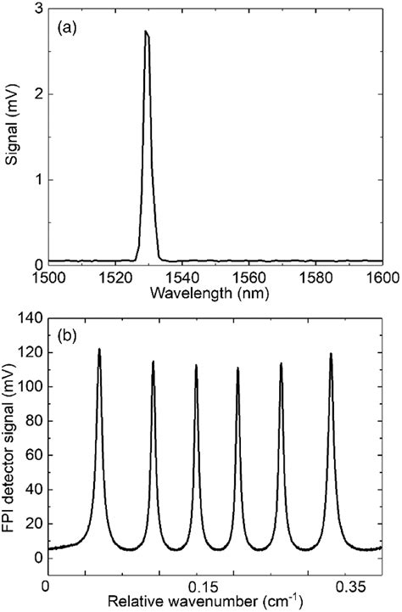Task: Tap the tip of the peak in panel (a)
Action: point(146,32)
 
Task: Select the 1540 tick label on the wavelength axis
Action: point(182,278)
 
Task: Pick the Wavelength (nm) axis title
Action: point(215,292)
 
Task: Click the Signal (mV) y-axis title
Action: point(11,136)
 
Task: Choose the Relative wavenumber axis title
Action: point(215,603)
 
